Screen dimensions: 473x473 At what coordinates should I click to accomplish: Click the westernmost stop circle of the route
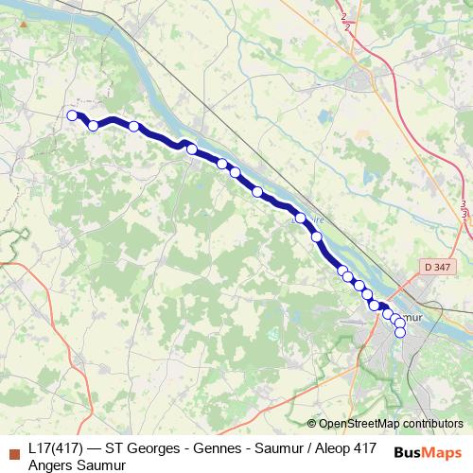[72, 115]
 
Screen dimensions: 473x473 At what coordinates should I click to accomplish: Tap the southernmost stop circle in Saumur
[400, 331]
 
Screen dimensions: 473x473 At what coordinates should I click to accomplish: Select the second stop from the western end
[93, 126]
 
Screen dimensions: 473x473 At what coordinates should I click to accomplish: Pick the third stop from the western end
[134, 126]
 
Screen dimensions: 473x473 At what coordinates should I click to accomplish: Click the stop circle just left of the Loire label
[301, 218]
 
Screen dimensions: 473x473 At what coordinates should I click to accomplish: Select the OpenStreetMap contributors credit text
[392, 424]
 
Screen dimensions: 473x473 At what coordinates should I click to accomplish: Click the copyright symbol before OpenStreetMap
[312, 424]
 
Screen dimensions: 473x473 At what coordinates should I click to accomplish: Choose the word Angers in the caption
[50, 464]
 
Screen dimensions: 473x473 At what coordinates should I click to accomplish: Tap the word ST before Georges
[114, 448]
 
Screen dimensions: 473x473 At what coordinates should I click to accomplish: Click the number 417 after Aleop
[364, 448]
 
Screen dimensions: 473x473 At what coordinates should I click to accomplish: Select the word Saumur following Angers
[100, 464]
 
